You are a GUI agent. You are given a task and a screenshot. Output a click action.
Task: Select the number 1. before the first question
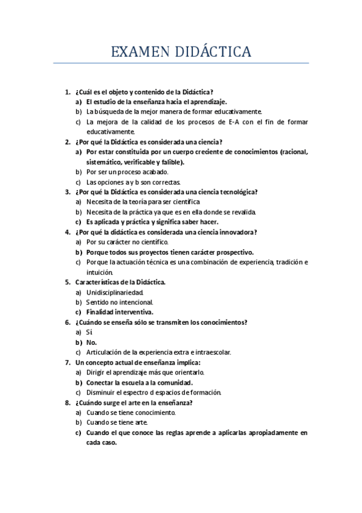(x=67, y=92)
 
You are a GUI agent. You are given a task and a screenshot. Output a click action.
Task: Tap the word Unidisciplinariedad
(x=115, y=292)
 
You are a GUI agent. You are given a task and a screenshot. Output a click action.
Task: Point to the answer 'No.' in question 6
(x=91, y=342)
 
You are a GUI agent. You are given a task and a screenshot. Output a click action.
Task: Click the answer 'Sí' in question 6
(x=89, y=332)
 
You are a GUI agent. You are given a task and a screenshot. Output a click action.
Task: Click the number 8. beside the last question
(x=67, y=402)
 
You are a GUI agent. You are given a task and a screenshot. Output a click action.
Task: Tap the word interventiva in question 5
(x=131, y=312)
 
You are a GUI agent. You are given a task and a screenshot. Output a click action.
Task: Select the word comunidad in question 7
(x=173, y=382)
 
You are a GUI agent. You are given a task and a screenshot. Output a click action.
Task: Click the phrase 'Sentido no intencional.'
(x=120, y=302)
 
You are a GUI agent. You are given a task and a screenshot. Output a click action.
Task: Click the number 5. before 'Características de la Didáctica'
(x=67, y=282)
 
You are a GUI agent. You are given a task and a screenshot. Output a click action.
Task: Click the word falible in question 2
(x=173, y=162)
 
